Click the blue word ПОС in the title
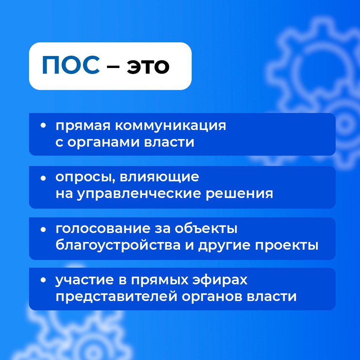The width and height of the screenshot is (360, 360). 71,65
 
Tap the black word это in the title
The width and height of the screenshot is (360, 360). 148,67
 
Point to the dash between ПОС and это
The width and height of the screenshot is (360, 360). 113,67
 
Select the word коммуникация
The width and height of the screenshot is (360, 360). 170,126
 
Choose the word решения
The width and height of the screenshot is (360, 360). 239,194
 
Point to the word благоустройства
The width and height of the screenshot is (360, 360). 118,245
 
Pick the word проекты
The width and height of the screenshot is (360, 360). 287,246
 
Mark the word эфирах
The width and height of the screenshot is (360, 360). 220,280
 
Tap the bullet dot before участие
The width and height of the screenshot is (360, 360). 43,280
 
